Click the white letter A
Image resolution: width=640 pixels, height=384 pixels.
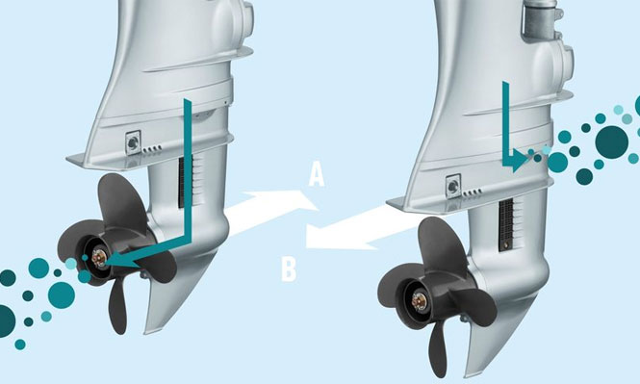[x=317, y=174]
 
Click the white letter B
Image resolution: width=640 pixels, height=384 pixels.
[x=289, y=269]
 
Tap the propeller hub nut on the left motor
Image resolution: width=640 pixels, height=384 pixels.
[x=99, y=258]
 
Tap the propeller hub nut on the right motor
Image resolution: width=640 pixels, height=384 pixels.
[x=420, y=301]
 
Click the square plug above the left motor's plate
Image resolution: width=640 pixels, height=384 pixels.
[x=133, y=142]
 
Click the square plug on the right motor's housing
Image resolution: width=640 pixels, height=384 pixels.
[x=453, y=187]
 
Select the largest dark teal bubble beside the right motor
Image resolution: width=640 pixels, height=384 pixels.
[x=611, y=142]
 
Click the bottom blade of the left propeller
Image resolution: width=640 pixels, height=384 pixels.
[x=118, y=308]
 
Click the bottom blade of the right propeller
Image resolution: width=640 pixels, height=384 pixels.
[x=438, y=349]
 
